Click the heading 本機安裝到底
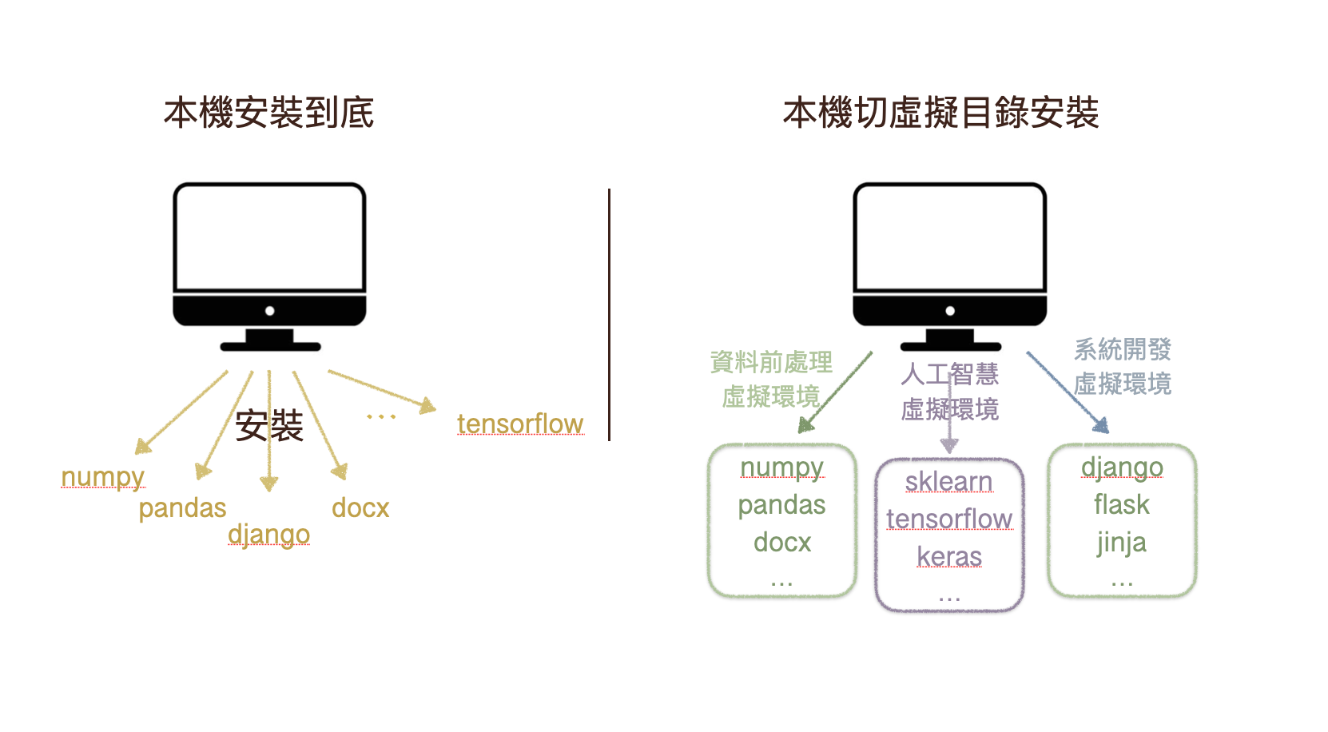click(x=269, y=113)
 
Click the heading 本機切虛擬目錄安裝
click(x=940, y=113)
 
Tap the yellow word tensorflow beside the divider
click(x=520, y=424)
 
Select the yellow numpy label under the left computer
click(x=103, y=477)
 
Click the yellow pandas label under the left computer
click(x=183, y=508)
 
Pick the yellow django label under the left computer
click(x=268, y=535)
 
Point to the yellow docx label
click(x=360, y=508)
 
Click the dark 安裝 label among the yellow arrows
click(x=269, y=426)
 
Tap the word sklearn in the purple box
click(x=948, y=482)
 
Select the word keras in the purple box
click(x=949, y=557)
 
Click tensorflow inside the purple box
click(x=949, y=519)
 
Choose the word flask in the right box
click(x=1122, y=505)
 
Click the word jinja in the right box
click(x=1122, y=543)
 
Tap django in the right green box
click(x=1122, y=468)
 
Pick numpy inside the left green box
click(x=782, y=468)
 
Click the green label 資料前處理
click(x=771, y=362)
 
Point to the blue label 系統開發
click(x=1123, y=349)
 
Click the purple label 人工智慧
click(x=950, y=374)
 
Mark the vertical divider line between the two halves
click(x=609, y=315)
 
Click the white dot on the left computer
click(x=270, y=311)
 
